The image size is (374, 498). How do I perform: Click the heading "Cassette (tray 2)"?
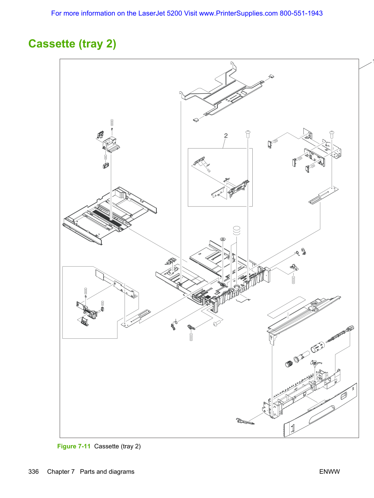(x=72, y=44)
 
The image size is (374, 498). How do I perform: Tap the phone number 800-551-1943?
(x=301, y=13)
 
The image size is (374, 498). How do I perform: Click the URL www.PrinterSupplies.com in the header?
(x=238, y=13)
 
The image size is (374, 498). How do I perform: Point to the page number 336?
(x=33, y=472)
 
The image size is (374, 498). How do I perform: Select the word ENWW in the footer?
(x=329, y=472)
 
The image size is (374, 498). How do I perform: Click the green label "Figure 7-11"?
(x=74, y=446)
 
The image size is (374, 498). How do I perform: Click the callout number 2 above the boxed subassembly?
(x=226, y=136)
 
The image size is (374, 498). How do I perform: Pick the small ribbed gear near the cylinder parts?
(x=289, y=364)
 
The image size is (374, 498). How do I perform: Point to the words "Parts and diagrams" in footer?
(x=107, y=472)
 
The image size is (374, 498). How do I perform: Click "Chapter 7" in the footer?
(x=61, y=472)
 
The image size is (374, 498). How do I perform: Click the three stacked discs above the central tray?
(x=236, y=230)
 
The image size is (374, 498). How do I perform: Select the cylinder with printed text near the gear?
(x=318, y=347)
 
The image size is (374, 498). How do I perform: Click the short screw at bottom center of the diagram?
(x=217, y=323)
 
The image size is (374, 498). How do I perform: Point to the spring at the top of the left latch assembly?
(x=112, y=123)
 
